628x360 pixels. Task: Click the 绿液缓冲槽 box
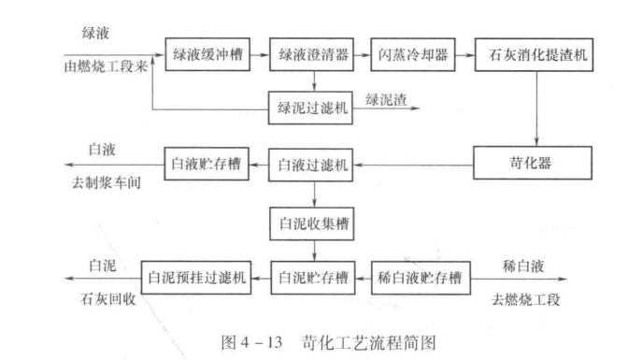tap(207, 54)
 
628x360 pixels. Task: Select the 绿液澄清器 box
tap(313, 54)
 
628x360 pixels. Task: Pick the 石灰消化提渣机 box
tap(534, 54)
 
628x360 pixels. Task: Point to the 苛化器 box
tap(534, 165)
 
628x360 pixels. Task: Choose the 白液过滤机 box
tap(313, 166)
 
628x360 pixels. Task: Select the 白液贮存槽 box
tap(207, 166)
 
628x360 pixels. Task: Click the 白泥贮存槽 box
tap(314, 277)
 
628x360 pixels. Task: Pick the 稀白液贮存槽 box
tap(421, 277)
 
